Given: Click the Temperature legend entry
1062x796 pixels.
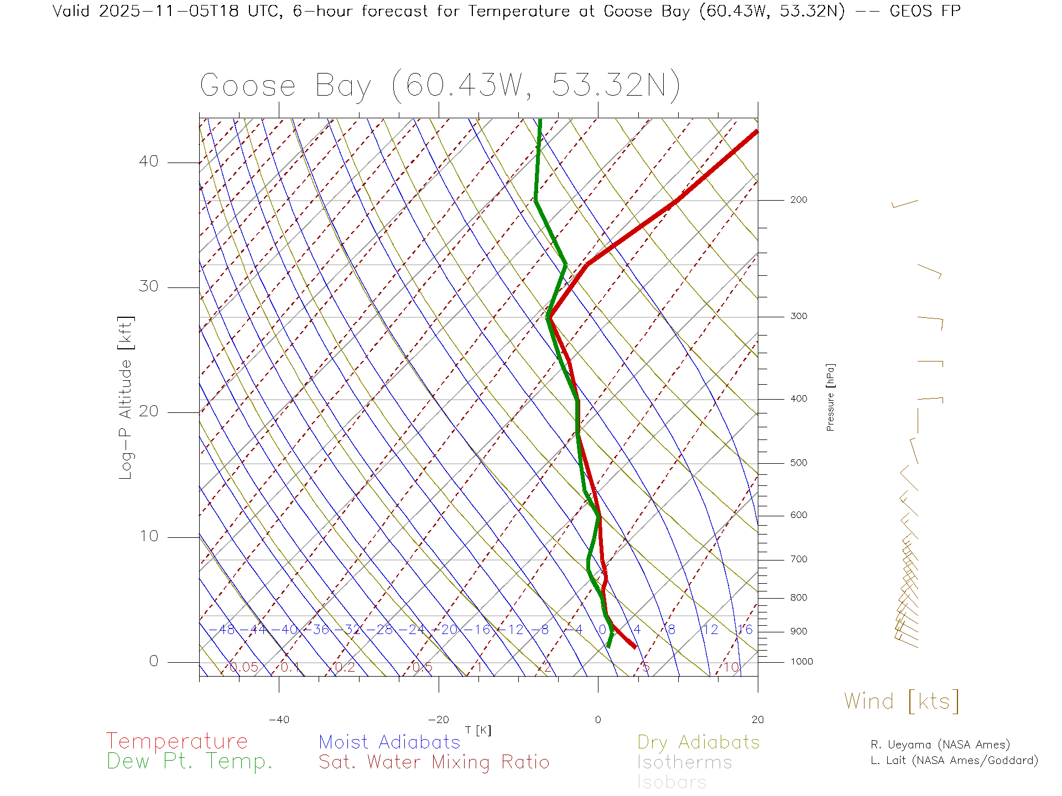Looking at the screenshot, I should [x=177, y=741].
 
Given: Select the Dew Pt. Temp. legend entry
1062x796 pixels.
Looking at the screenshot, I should [x=190, y=762].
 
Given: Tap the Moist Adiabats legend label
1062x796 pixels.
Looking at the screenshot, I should [x=390, y=742].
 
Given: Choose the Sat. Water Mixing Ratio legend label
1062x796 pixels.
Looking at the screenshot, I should [x=434, y=762].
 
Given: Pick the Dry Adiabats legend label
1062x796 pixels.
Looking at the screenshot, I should [x=699, y=742].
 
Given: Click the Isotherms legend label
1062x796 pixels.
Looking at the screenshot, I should [x=685, y=762].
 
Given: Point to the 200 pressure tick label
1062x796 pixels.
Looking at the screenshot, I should [x=799, y=200].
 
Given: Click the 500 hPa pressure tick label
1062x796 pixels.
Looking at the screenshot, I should [x=799, y=463].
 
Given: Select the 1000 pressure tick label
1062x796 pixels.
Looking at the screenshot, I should [x=801, y=662].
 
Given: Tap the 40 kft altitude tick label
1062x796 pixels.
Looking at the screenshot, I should [x=148, y=161].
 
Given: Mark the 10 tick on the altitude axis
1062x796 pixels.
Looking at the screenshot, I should [x=148, y=536].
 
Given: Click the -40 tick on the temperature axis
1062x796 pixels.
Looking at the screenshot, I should [x=279, y=720].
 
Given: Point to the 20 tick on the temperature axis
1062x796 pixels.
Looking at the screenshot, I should [x=757, y=720].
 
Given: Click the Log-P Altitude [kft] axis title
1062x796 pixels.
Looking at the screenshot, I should [x=126, y=398].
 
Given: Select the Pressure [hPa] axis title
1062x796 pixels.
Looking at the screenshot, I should [x=830, y=397].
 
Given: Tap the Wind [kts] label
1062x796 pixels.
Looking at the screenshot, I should [x=902, y=701].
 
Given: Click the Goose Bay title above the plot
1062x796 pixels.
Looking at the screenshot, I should [x=440, y=86].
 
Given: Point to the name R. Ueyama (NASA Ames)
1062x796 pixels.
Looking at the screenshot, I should [x=940, y=745].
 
